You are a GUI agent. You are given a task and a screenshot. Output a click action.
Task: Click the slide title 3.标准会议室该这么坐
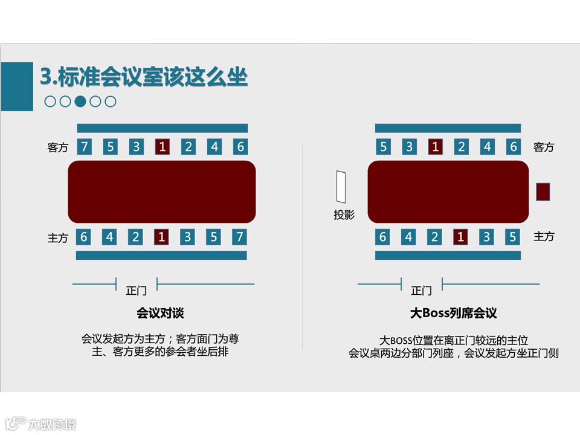pyautogui.click(x=144, y=77)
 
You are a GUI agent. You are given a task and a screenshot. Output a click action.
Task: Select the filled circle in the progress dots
pyautogui.click(x=80, y=101)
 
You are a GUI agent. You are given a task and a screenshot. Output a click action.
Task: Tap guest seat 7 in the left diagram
pyautogui.click(x=84, y=146)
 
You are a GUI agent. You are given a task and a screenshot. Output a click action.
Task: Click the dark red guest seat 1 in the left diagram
pyautogui.click(x=162, y=146)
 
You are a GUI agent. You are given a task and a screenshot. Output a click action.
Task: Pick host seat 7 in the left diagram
pyautogui.click(x=240, y=237)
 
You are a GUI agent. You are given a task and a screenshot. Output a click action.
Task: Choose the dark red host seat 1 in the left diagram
pyautogui.click(x=161, y=237)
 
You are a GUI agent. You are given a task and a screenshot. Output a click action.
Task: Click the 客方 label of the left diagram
pyautogui.click(x=58, y=147)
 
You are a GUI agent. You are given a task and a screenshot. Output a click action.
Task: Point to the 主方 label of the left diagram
pyautogui.click(x=58, y=238)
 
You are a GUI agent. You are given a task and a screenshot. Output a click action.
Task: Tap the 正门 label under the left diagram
pyautogui.click(x=136, y=291)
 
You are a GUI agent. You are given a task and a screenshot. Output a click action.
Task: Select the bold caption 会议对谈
pyautogui.click(x=160, y=314)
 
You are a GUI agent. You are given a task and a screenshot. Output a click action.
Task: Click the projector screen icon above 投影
pyautogui.click(x=342, y=187)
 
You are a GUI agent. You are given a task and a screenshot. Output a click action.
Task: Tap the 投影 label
pyautogui.click(x=344, y=215)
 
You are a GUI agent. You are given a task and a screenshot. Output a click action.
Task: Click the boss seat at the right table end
pyautogui.click(x=543, y=192)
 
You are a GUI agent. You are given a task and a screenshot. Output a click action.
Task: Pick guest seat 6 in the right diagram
pyautogui.click(x=514, y=146)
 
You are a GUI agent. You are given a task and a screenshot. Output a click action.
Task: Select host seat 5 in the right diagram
pyautogui.click(x=513, y=237)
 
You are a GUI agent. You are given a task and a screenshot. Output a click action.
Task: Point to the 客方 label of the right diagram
pyautogui.click(x=544, y=147)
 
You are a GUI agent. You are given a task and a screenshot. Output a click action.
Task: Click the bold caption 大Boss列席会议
pyautogui.click(x=453, y=314)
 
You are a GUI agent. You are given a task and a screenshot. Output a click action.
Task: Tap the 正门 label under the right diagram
pyautogui.click(x=421, y=291)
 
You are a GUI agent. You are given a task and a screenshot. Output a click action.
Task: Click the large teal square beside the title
pyautogui.click(x=17, y=86)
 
